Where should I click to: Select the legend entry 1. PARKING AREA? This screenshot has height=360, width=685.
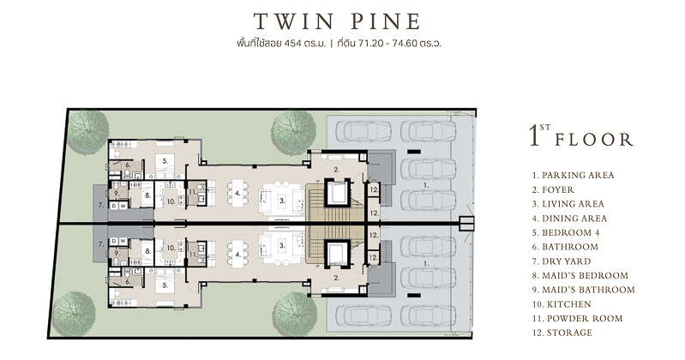(x=574, y=175)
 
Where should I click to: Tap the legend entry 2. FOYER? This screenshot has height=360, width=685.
(x=553, y=189)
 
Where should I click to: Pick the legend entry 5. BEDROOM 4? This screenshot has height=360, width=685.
(x=566, y=232)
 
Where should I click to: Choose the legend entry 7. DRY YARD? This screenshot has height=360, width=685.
(x=562, y=261)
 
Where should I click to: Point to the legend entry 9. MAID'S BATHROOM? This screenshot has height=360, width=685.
(x=583, y=290)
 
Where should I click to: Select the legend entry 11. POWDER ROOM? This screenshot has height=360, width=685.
(x=577, y=319)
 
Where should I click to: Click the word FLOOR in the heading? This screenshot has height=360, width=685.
(x=594, y=140)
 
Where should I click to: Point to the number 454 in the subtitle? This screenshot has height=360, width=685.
(x=292, y=43)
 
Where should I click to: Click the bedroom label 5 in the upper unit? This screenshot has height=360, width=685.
(x=165, y=161)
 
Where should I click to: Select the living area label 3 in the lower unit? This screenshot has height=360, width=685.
(x=282, y=245)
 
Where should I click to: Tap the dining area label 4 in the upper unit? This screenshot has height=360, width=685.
(x=237, y=193)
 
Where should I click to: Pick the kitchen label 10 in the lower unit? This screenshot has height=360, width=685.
(x=171, y=248)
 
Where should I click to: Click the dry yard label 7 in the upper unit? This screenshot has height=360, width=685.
(x=101, y=205)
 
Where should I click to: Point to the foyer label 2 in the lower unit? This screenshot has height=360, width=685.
(x=336, y=278)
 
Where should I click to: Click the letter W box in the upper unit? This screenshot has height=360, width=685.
(x=123, y=206)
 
